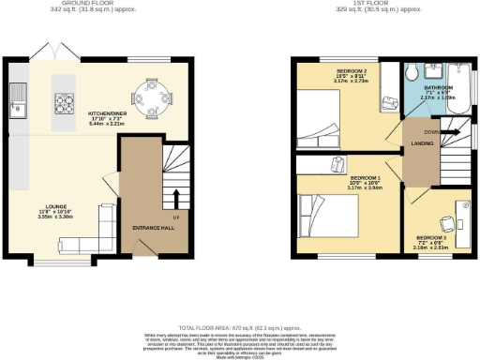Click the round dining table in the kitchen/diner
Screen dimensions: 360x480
click(152, 95)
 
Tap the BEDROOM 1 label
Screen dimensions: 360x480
click(366, 177)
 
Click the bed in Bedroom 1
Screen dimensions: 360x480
click(328, 218)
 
